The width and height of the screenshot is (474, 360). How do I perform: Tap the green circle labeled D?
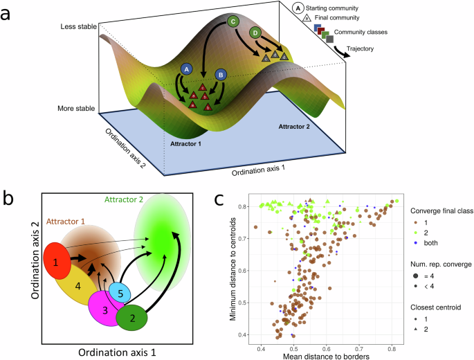click(257, 32)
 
